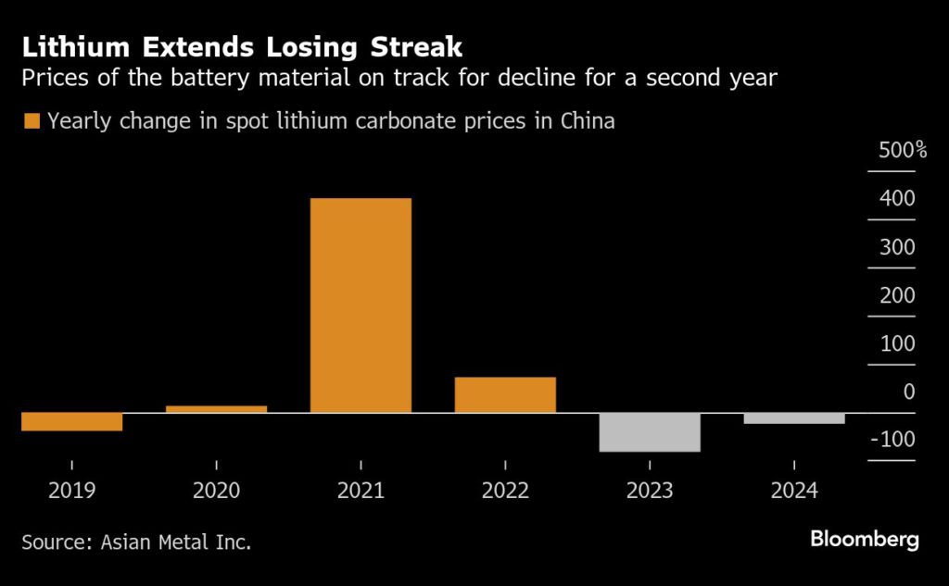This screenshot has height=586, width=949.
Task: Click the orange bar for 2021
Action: [x=361, y=305]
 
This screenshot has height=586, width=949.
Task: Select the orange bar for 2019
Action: [x=71, y=421]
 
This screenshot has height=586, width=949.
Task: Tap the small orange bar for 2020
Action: [x=216, y=408]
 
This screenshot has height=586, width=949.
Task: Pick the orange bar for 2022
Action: [x=505, y=394]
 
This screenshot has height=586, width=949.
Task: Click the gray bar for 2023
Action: [x=650, y=432]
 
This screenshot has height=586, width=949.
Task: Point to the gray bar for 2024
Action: [x=794, y=418]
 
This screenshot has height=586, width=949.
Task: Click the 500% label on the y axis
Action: [x=902, y=150]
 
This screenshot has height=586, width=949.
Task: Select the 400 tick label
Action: [x=897, y=198]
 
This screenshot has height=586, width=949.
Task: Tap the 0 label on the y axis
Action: [x=908, y=391]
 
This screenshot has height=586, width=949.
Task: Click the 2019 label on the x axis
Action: [x=71, y=490]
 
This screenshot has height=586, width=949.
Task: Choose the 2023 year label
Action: [x=650, y=490]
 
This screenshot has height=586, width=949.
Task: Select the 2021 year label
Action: [x=361, y=490]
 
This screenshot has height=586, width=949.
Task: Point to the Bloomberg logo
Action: [x=865, y=540]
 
